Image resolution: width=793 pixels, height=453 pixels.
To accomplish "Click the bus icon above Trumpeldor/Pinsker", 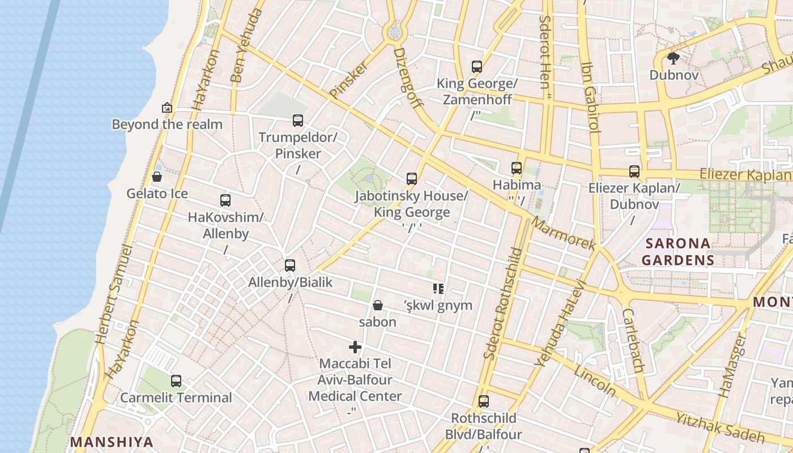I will coord(298,120).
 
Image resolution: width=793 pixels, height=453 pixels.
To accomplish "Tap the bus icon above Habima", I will coord(516,168).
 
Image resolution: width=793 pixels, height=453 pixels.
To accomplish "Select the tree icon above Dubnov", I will coord(673,58).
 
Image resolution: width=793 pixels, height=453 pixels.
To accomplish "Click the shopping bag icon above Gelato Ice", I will coord(157,177).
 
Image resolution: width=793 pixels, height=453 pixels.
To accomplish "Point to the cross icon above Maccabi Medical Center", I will coord(355,347).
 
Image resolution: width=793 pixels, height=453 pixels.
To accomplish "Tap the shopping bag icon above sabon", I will coord(378,305).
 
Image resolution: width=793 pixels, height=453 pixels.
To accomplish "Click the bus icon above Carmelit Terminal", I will coord(176,381).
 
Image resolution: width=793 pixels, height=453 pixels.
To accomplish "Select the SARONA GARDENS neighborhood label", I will coord(677,252).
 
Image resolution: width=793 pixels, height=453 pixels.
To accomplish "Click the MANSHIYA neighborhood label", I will coord(112,442).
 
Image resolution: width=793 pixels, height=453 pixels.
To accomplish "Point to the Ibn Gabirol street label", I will coord(590,97).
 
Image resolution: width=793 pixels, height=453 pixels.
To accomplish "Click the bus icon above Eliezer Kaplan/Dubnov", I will coord(634,171).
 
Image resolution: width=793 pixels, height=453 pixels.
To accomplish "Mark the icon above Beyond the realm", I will coord(167,107).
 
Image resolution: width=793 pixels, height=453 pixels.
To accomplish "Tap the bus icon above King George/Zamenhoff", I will coord(477,67).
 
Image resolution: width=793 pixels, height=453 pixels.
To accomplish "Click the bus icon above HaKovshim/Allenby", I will coord(225,200).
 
